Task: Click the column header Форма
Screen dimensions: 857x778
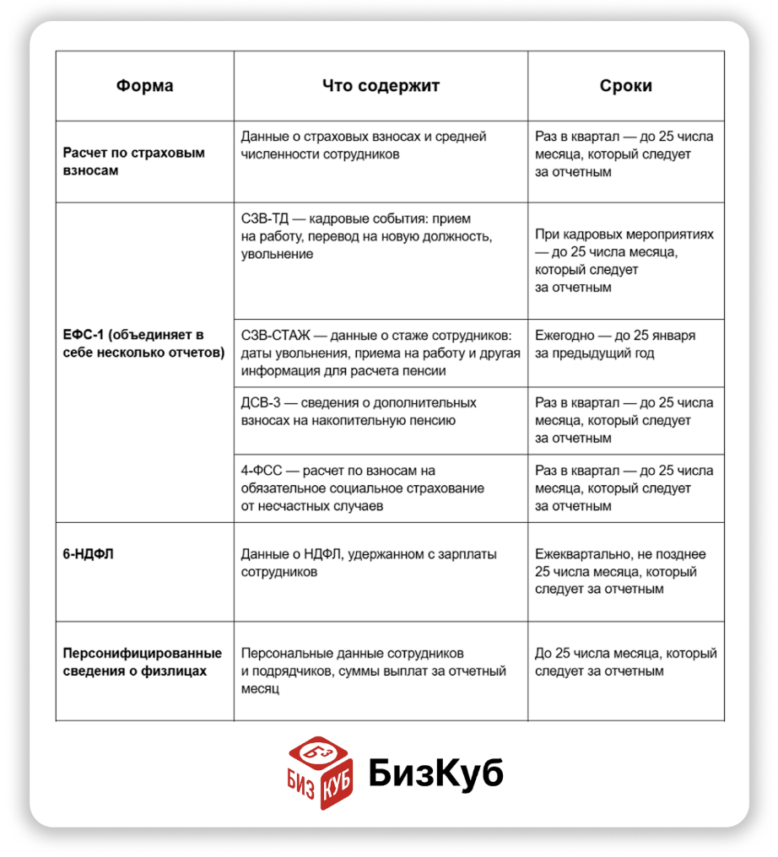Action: point(145,86)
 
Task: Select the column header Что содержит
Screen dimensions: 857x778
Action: point(381,86)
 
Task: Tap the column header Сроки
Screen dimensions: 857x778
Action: point(625,86)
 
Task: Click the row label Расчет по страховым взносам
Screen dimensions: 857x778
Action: point(134,162)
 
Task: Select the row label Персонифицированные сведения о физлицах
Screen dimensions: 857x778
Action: point(143,662)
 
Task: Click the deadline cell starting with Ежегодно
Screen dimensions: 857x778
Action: point(615,344)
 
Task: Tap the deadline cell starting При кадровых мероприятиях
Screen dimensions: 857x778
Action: point(624,261)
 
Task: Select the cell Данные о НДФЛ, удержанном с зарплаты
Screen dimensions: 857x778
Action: point(369,563)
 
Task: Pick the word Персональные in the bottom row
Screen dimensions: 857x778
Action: point(284,654)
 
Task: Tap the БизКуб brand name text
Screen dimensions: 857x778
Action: point(435,772)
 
